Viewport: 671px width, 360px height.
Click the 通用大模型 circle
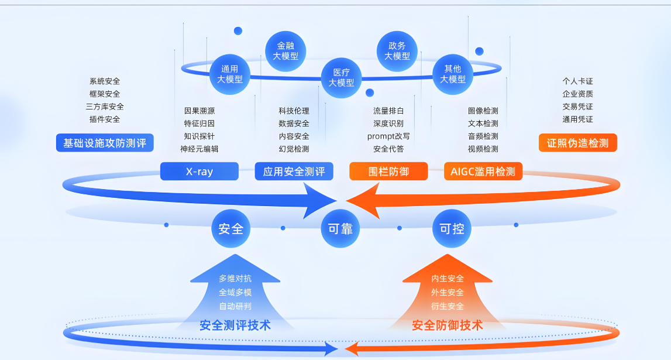230,74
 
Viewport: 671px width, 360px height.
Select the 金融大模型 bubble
285,51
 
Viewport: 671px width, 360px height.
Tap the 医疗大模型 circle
341,77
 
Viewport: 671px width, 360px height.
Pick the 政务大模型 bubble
397,51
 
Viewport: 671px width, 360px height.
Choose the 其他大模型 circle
452,74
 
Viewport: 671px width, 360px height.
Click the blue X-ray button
199,172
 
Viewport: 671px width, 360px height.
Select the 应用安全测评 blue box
294,172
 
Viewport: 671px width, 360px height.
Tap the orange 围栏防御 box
388,172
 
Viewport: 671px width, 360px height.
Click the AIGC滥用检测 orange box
483,172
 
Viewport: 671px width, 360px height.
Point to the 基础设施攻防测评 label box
105,143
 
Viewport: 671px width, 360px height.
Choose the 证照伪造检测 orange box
577,143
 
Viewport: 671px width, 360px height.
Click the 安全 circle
230,228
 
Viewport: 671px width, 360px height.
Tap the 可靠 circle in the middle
340,228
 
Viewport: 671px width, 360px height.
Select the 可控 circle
452,228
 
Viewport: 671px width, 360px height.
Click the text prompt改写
388,136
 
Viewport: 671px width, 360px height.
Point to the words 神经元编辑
199,149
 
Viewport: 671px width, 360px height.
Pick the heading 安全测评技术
235,325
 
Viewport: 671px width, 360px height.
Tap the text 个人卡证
577,81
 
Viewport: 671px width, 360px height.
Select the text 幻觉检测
294,149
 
